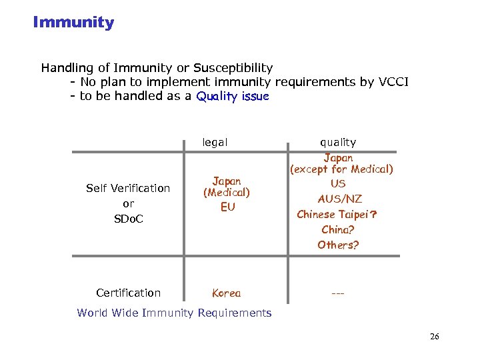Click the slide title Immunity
pos(73,22)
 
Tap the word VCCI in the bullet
pos(393,82)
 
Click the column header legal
pos(215,142)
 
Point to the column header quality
pos(338,142)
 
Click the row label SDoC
pos(128,219)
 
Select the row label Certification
pos(128,293)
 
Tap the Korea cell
pos(226,293)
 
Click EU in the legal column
pos(227,207)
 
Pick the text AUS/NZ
pos(340,199)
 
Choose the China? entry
pos(338,229)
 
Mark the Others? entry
pos(338,245)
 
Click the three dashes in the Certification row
pos(338,293)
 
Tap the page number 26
pos(434,337)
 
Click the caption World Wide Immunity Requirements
pos(174,313)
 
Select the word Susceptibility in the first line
pos(233,67)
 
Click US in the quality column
pos(338,183)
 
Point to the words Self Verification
pos(128,189)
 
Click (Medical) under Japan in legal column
pos(227,193)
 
